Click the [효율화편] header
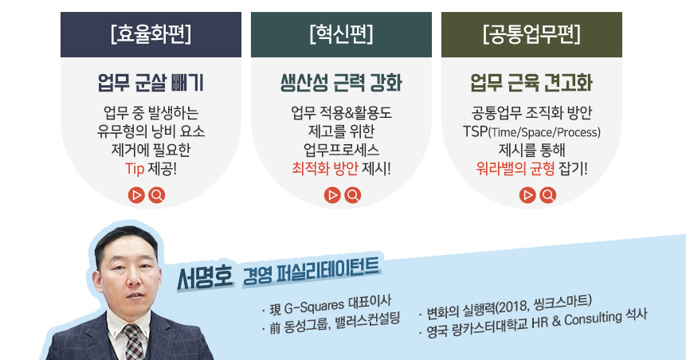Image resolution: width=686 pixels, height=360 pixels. coord(151,34)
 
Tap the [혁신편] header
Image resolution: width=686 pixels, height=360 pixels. coord(341,34)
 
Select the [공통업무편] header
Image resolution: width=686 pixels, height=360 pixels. coord(531,34)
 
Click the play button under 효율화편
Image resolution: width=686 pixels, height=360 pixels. coord(136,194)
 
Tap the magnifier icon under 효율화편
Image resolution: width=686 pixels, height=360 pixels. coord(157,194)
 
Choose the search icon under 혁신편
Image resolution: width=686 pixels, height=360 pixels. coord(353,194)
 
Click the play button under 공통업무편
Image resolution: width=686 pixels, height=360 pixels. coord(527,194)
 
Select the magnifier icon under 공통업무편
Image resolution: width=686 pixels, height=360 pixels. coord(547,194)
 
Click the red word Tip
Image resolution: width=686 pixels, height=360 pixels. coord(135,169)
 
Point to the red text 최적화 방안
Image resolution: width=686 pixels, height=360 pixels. coord(325,168)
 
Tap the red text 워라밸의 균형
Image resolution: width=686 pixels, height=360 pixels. coord(515,168)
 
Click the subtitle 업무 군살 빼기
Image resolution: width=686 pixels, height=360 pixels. coord(151,83)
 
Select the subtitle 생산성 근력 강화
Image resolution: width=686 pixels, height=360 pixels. coord(341,83)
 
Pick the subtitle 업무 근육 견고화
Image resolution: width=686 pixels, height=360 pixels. coord(531,83)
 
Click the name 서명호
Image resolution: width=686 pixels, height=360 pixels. coord(205,277)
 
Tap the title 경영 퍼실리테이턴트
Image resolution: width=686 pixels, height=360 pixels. coord(311,270)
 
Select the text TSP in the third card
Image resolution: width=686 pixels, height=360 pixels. coord(475,131)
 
